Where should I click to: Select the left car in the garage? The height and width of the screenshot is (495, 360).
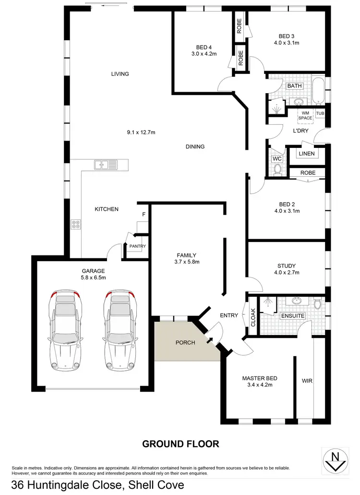click(x=64, y=331)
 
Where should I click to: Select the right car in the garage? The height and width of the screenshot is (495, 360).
click(x=119, y=331)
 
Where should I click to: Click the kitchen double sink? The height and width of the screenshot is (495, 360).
click(x=106, y=165)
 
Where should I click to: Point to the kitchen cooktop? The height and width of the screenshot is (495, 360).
click(x=76, y=223)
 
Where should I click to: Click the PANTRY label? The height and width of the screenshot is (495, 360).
click(x=138, y=246)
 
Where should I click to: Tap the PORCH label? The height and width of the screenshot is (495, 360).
click(x=186, y=342)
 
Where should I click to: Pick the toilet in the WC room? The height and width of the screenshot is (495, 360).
click(x=276, y=169)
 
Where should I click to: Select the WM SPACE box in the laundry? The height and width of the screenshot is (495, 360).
click(x=305, y=115)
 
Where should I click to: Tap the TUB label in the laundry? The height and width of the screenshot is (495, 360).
click(x=320, y=113)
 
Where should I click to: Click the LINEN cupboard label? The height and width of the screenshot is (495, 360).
click(x=306, y=154)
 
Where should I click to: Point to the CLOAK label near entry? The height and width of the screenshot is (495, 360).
click(x=253, y=317)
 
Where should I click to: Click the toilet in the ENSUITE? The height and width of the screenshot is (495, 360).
click(x=317, y=304)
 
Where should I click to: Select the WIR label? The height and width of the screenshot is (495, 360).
click(x=307, y=381)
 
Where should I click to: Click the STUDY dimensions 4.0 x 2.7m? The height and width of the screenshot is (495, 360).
click(x=287, y=272)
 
